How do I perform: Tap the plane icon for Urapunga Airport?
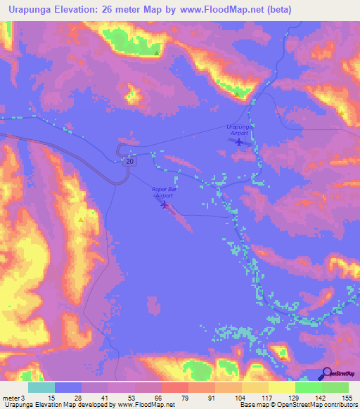point(239,143)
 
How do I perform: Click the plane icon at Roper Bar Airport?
point(165,205)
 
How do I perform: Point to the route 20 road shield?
point(130,162)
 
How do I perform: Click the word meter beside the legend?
point(11,398)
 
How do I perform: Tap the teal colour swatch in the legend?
point(41,387)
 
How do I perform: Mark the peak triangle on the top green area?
point(156,51)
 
